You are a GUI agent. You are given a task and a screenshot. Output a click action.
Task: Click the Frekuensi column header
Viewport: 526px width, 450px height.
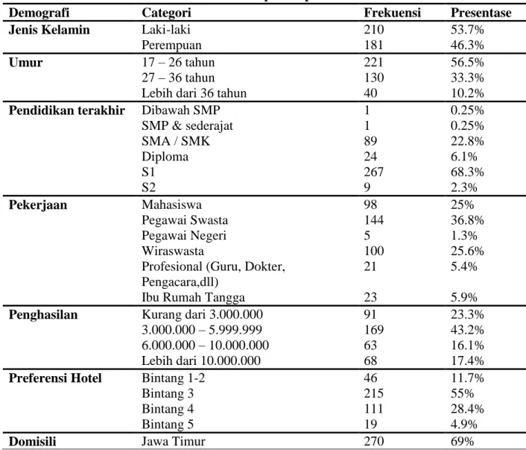click(x=392, y=13)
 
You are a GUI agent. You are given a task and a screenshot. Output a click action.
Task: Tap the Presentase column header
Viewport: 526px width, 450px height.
click(x=481, y=13)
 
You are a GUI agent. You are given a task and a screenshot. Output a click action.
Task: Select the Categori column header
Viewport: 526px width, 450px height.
click(x=166, y=13)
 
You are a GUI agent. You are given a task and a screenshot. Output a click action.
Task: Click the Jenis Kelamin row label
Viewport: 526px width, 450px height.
click(x=49, y=30)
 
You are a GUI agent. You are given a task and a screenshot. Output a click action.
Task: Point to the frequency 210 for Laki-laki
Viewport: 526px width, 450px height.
click(x=374, y=30)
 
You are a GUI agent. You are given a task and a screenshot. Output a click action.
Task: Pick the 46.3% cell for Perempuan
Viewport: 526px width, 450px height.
click(x=467, y=45)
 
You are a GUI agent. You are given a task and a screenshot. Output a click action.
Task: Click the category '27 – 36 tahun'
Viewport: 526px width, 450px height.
click(x=178, y=78)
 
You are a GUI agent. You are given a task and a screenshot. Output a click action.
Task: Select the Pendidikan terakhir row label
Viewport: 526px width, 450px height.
click(x=67, y=110)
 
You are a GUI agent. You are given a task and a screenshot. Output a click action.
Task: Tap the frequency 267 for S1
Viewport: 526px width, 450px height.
click(x=374, y=172)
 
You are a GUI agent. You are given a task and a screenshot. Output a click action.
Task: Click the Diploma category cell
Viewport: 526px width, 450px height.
click(x=165, y=157)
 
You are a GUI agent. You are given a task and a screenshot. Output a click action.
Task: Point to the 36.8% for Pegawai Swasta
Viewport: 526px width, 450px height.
click(x=467, y=220)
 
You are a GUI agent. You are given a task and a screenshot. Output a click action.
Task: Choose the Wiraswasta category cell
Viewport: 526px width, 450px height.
click(x=173, y=251)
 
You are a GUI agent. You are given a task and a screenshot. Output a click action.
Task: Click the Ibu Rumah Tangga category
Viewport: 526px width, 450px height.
click(x=193, y=298)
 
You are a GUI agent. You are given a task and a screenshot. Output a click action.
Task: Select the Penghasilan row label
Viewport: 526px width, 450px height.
click(x=43, y=315)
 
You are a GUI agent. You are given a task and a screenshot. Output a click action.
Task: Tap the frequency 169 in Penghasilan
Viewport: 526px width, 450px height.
click(x=374, y=330)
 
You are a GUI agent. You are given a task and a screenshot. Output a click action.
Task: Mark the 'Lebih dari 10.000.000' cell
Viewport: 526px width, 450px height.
click(x=201, y=360)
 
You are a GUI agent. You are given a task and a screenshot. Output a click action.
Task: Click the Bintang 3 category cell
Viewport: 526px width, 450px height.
click(x=168, y=394)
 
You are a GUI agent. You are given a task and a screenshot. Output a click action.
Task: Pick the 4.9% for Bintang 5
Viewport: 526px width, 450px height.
click(x=463, y=424)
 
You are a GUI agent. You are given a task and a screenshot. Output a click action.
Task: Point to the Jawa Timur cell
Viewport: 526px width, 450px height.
click(x=173, y=441)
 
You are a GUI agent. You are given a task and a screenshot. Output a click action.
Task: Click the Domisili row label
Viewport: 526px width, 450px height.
click(x=32, y=441)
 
